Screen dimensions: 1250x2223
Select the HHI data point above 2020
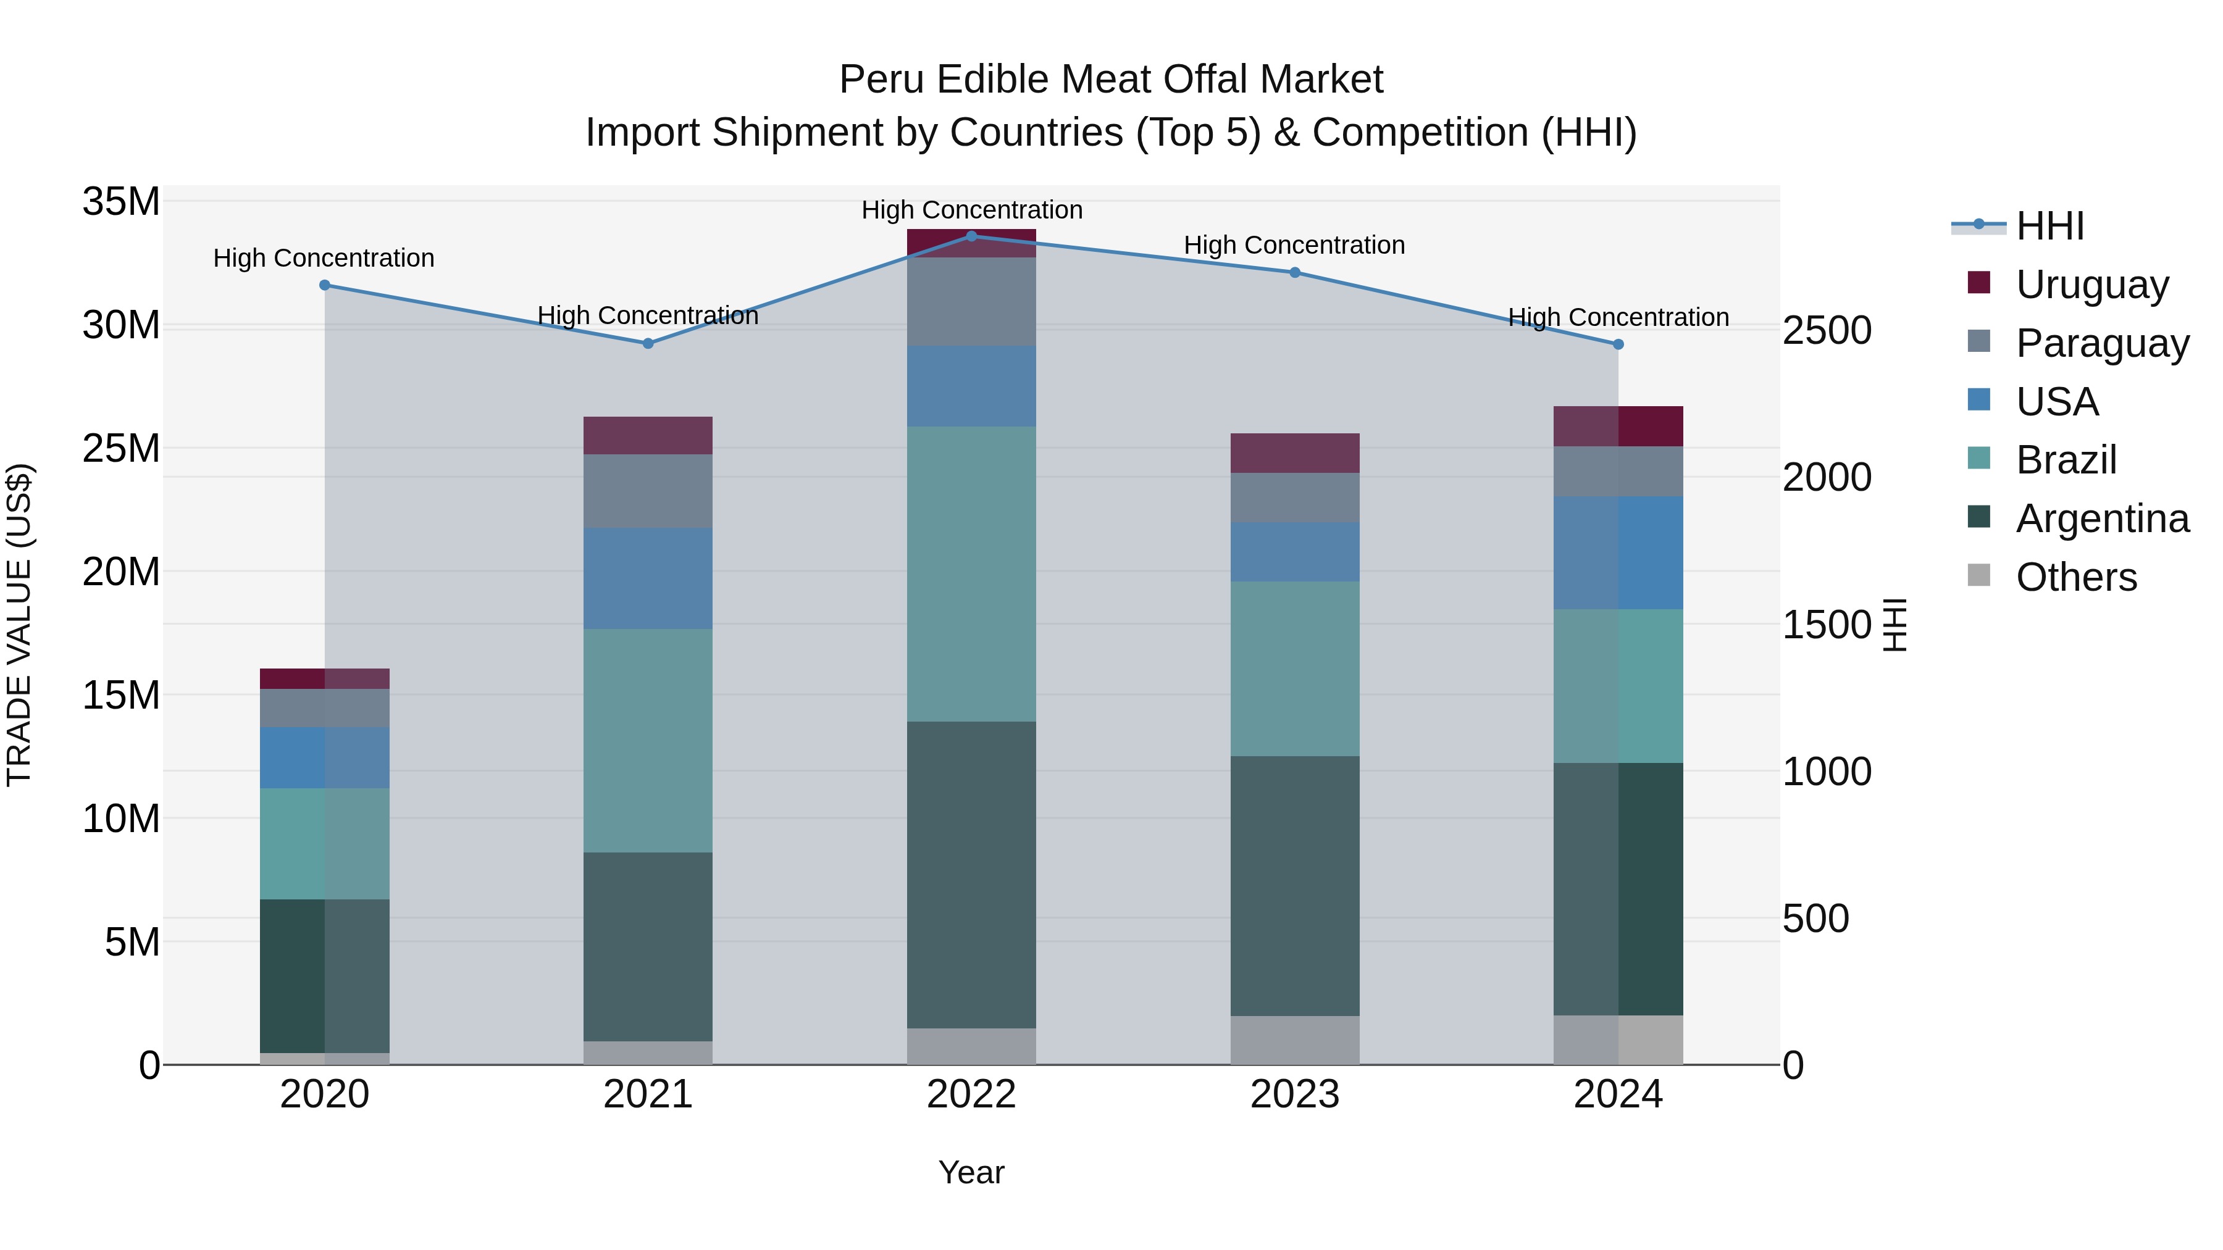tap(324, 286)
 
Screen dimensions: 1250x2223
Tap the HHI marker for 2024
tap(1618, 344)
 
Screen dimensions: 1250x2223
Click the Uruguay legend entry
tap(2092, 285)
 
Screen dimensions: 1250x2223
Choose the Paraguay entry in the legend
tap(2102, 343)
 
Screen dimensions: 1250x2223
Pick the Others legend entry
tap(2076, 577)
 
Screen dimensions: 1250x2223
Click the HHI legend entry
tap(2050, 226)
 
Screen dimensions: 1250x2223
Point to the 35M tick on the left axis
tap(121, 202)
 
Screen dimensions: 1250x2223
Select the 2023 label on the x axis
tap(1294, 1094)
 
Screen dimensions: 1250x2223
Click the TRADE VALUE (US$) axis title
tap(19, 625)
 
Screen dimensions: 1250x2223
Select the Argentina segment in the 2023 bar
tap(1294, 886)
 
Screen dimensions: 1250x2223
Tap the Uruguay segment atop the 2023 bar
tap(1294, 453)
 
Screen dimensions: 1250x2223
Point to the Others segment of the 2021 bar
tap(648, 1052)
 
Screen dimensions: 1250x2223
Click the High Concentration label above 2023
tap(1294, 246)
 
